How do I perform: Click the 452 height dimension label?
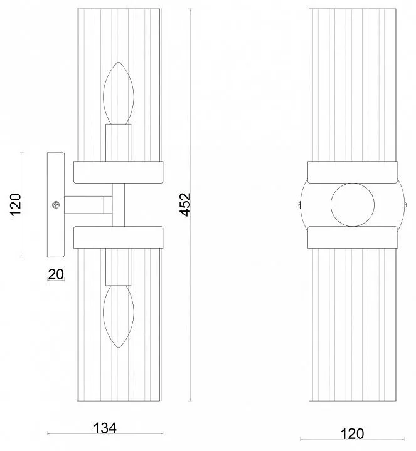pyautogui.click(x=185, y=204)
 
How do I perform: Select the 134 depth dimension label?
pyautogui.click(x=105, y=428)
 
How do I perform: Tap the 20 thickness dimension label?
pyautogui.click(x=56, y=274)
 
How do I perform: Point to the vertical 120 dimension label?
pyautogui.click(x=16, y=204)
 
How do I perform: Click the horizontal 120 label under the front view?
pyautogui.click(x=352, y=433)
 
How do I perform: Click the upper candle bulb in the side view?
pyautogui.click(x=119, y=93)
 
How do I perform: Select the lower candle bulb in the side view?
pyautogui.click(x=119, y=316)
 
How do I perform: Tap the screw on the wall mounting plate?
pyautogui.click(x=56, y=205)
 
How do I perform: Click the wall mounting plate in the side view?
pyautogui.click(x=56, y=204)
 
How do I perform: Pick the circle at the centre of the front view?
pyautogui.click(x=353, y=204)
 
